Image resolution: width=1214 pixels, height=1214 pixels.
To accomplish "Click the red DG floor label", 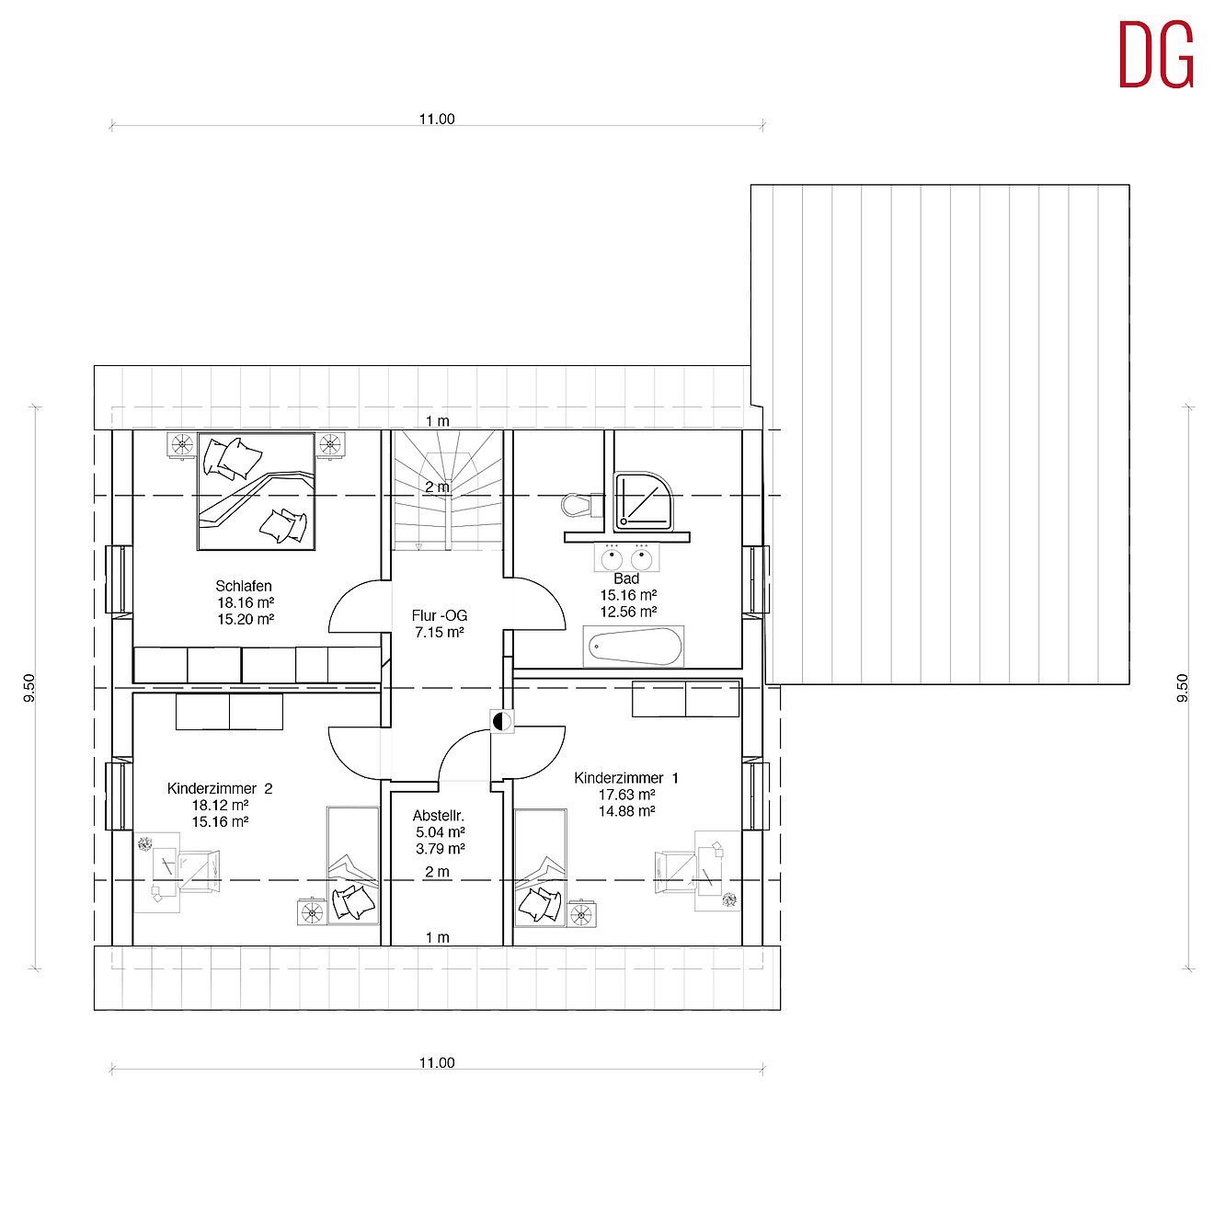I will (x=1156, y=55).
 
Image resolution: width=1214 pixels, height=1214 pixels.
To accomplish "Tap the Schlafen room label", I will (x=244, y=586).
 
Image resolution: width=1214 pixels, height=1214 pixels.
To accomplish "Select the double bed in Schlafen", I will (x=256, y=491).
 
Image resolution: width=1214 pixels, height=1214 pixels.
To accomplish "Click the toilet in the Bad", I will (x=578, y=505).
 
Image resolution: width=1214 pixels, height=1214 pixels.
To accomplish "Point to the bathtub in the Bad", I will (x=634, y=647).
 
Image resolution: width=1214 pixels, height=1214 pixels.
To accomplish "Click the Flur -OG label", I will (x=439, y=615).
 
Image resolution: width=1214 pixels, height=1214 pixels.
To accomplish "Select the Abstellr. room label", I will (x=439, y=816).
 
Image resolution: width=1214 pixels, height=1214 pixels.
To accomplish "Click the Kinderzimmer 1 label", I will (x=626, y=778).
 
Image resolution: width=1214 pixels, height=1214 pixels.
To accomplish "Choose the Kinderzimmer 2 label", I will (x=220, y=788).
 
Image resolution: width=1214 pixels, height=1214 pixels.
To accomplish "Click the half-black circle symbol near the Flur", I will (x=501, y=722).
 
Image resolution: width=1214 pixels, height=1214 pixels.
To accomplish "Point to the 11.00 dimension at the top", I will (x=437, y=119).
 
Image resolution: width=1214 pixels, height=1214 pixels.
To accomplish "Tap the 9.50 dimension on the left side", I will (x=29, y=688).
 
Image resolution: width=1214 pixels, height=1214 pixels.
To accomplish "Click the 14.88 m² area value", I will (x=627, y=811).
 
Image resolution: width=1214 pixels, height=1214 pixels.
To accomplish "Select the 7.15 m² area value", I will (x=440, y=633).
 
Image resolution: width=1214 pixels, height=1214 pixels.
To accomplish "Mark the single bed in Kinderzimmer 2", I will (x=353, y=865).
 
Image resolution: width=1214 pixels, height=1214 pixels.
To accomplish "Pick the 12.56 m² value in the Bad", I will (x=628, y=612).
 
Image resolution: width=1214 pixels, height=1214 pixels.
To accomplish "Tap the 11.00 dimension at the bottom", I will (x=437, y=1062).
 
